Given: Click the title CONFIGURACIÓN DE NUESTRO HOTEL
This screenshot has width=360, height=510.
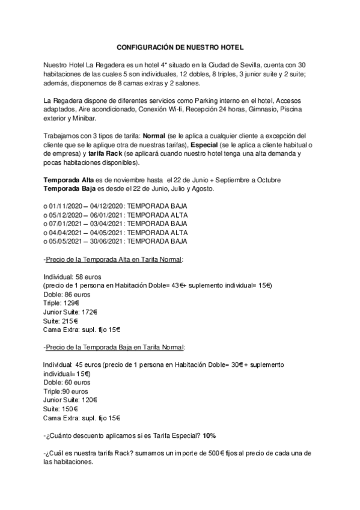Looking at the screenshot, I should [x=180, y=47].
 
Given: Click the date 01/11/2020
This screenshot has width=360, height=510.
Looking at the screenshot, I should [x=65, y=206].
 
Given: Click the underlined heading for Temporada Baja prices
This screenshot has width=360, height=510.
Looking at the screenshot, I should [x=115, y=347].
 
